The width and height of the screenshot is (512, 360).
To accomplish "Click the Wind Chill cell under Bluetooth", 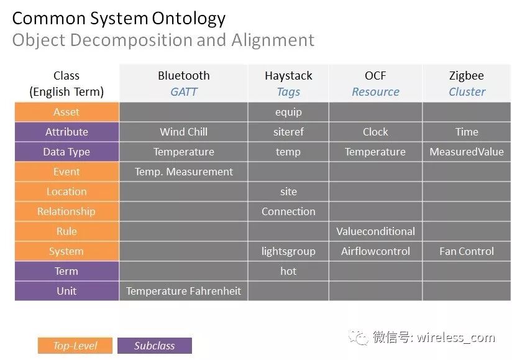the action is pos(183,132).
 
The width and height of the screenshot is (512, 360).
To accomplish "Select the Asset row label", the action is pos(66,112).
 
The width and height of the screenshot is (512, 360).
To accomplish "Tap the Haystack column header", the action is pos(288,76).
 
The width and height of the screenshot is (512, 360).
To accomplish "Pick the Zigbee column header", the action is pos(467,76).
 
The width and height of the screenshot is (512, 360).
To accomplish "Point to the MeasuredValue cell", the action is pos(467,152).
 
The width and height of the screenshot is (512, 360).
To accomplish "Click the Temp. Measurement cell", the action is pos(183,172).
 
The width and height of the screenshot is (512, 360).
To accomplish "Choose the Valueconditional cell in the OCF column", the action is pos(375,231).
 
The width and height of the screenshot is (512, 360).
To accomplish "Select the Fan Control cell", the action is pos(467,251).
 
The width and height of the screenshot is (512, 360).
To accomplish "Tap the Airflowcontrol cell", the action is pos(375,251).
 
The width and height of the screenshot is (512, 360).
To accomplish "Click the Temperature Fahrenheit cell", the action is pos(183,291).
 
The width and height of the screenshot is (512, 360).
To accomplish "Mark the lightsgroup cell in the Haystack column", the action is pos(288,251).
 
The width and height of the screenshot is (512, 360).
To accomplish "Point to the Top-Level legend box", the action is pos(75,346).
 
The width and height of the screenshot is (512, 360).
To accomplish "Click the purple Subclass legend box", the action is pos(154,346).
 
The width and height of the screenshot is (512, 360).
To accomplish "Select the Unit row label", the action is pos(66,291).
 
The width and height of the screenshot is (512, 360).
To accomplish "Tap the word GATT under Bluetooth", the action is pos(183,92).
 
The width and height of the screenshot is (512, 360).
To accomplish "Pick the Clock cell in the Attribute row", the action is pos(375,132).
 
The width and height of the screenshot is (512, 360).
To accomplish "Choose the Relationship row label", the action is pos(66,211).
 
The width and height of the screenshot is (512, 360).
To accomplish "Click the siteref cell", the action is pos(288,132).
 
